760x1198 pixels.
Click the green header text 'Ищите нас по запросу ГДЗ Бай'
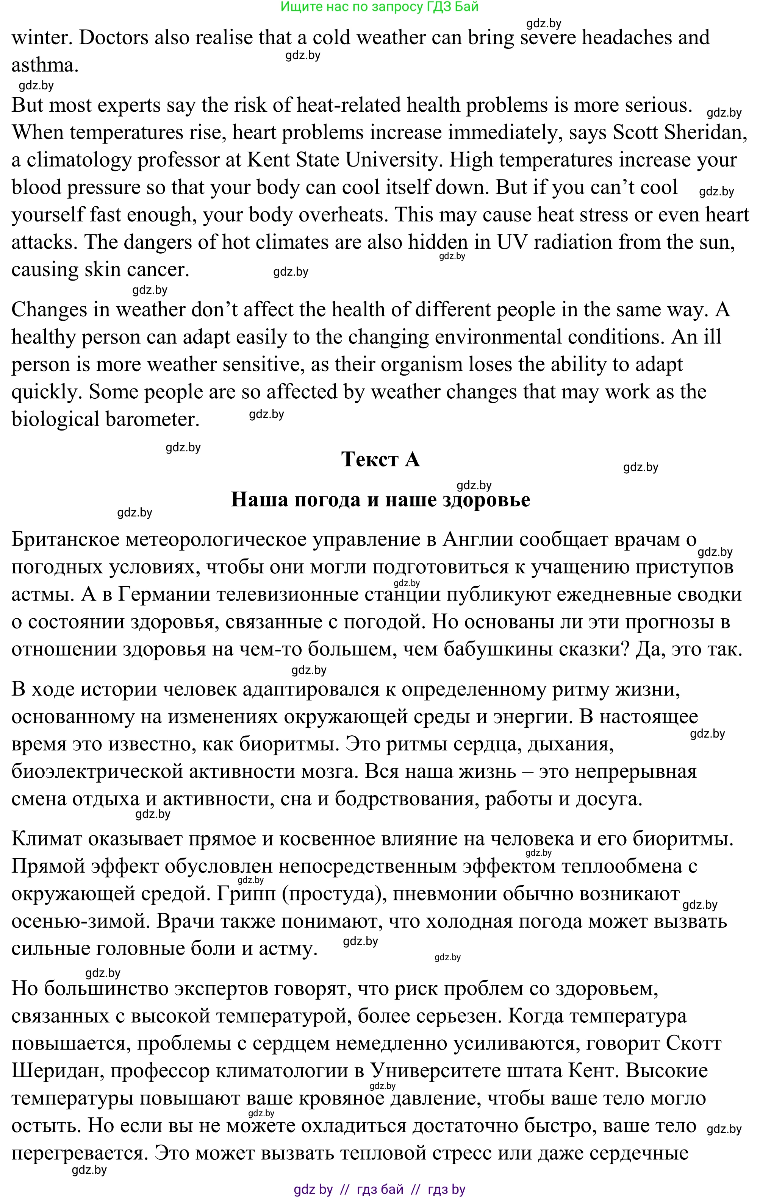(x=379, y=6)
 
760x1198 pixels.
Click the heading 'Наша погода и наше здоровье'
(x=380, y=499)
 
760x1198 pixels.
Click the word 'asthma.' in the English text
(x=45, y=65)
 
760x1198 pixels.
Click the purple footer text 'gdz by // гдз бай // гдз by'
(x=379, y=1189)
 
